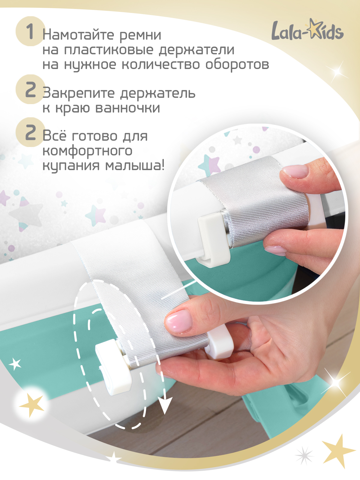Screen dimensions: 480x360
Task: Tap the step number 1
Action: tap(30, 31)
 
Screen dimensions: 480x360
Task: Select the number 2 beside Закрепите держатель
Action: tap(30, 90)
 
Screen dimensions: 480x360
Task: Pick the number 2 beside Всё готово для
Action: tap(30, 133)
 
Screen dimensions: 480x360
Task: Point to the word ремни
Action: tap(140, 35)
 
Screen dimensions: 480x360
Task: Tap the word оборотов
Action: tap(237, 64)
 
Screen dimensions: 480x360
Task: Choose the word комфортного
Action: tap(87, 151)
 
